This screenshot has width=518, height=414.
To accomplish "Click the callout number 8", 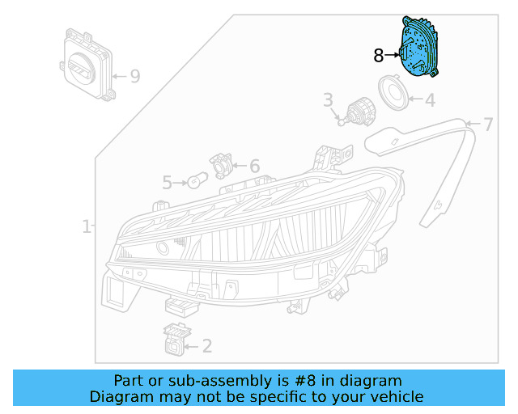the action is point(378,56).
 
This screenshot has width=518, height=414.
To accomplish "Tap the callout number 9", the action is point(134,77).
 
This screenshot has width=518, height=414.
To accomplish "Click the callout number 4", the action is point(429,100).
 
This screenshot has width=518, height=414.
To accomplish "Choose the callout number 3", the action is point(328,100).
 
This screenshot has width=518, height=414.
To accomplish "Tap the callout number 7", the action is point(488,125).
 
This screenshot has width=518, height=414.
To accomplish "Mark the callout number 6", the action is point(254,166).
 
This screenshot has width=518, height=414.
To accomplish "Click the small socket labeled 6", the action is point(221,165).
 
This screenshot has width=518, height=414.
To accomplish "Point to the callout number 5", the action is point(167,183).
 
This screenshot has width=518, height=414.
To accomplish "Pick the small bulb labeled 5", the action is point(197,181).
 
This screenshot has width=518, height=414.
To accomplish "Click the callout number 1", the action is point(87,226).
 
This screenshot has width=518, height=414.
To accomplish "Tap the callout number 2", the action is point(206,346).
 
